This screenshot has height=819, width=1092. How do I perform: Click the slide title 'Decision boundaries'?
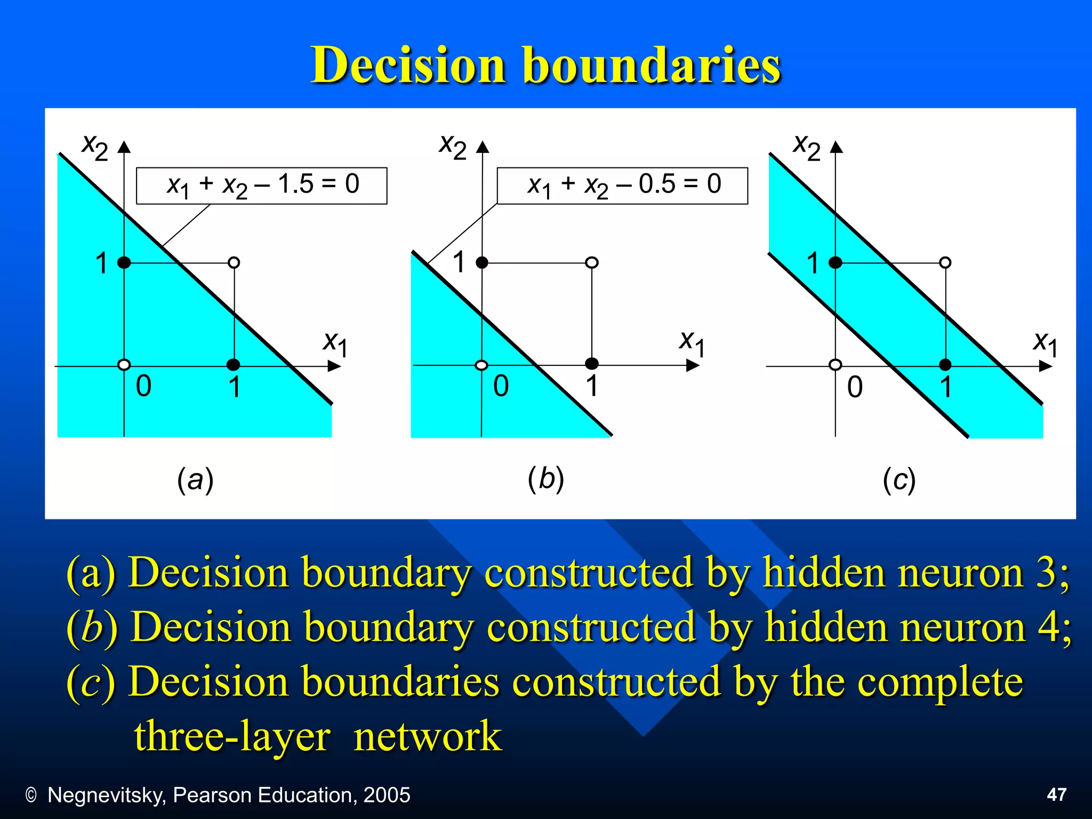[x=545, y=65]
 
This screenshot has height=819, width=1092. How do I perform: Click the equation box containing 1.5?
[x=261, y=186]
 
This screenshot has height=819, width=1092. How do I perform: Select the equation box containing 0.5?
[x=622, y=186]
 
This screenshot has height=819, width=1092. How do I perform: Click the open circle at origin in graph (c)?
[x=836, y=365]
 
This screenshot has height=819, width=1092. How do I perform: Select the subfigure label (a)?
[x=195, y=480]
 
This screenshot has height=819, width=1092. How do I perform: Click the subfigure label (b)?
[x=545, y=478]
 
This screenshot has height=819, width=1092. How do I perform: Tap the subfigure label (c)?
[x=899, y=480]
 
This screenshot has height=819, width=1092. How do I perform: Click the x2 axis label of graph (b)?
[x=452, y=146]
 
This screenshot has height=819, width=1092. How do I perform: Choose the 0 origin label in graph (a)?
[x=143, y=386]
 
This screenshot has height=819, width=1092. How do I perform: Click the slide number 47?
[x=1056, y=794]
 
